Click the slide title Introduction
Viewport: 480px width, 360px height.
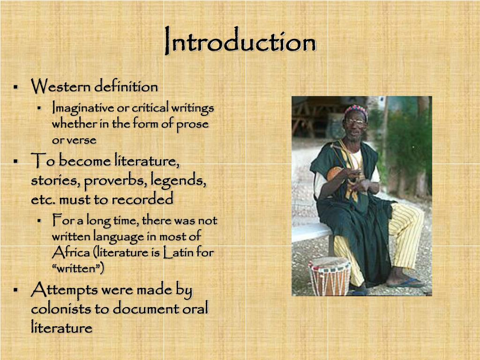[240, 43]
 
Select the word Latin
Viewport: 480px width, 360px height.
[179, 253]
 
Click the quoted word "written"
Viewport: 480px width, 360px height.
[78, 269]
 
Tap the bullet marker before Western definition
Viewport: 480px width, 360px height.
[15, 87]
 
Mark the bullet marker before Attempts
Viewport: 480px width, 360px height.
[15, 291]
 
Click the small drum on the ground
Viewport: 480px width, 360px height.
[330, 276]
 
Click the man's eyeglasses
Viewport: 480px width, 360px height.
[355, 122]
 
